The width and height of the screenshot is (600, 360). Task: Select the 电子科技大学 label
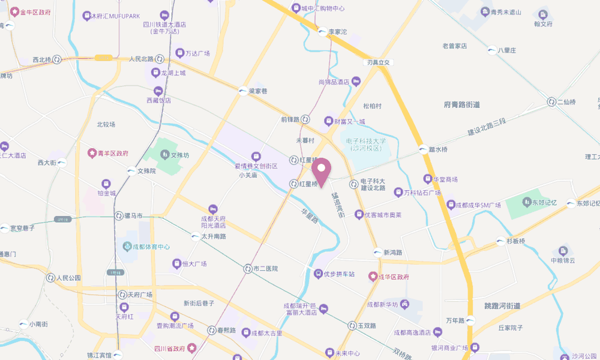(x=366, y=144)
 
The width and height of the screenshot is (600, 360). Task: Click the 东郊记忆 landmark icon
(x=527, y=203)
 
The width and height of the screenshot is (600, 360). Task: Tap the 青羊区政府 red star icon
(x=92, y=153)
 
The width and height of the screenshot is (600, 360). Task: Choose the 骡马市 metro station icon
(x=118, y=215)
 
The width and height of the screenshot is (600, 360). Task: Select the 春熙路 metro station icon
(x=212, y=330)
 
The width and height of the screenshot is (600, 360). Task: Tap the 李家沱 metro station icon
(x=322, y=31)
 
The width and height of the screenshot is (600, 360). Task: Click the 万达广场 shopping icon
(x=179, y=53)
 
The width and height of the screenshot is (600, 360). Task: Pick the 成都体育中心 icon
(x=127, y=246)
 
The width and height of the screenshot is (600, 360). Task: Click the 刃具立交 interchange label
(x=379, y=62)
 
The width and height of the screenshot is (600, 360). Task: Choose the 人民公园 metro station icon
(x=50, y=278)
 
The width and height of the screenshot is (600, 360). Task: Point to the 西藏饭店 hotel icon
(x=158, y=91)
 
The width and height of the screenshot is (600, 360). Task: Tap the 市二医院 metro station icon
(x=247, y=268)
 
